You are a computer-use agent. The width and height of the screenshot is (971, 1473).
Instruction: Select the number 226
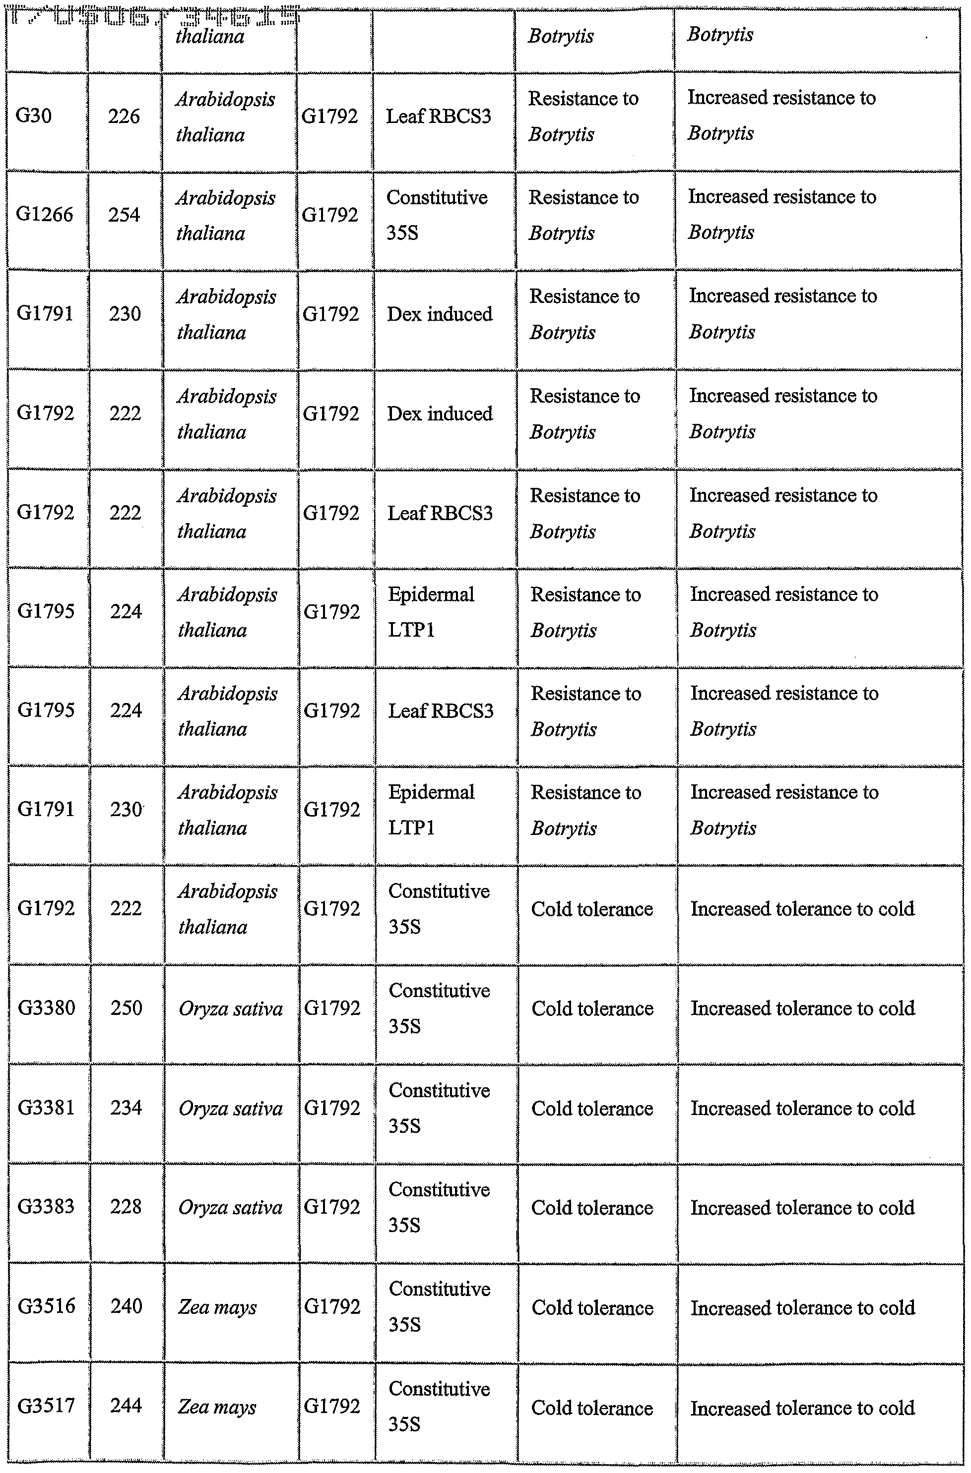(124, 116)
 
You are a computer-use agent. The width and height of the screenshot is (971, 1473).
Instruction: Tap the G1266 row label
(45, 214)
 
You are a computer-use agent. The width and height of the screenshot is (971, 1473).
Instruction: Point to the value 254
(124, 214)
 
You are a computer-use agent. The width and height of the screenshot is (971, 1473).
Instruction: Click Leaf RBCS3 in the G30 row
(439, 116)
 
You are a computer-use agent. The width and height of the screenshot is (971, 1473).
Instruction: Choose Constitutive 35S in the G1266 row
(437, 215)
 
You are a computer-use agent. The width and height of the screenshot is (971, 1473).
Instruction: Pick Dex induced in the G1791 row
(440, 314)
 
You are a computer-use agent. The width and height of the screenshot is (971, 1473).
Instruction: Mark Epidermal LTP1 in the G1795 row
(431, 611)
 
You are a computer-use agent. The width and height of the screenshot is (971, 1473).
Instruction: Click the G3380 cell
(47, 1007)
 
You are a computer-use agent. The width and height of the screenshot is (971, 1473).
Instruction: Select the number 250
(127, 1007)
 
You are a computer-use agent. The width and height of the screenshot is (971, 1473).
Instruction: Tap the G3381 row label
(47, 1107)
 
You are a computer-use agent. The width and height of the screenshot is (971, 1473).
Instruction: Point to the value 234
(127, 1107)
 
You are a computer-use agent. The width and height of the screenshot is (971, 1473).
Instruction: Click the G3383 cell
(47, 1206)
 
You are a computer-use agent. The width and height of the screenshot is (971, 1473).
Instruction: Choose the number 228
(127, 1206)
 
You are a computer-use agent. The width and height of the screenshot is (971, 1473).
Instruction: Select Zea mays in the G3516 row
(217, 1307)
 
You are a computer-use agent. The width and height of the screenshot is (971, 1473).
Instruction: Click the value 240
(127, 1306)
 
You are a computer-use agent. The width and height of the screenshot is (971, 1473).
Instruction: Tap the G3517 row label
(47, 1406)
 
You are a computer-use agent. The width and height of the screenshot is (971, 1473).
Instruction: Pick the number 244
(127, 1406)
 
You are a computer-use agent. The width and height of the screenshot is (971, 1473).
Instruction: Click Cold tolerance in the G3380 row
(592, 1009)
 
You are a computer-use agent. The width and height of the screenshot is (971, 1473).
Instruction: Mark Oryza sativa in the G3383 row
(230, 1207)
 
